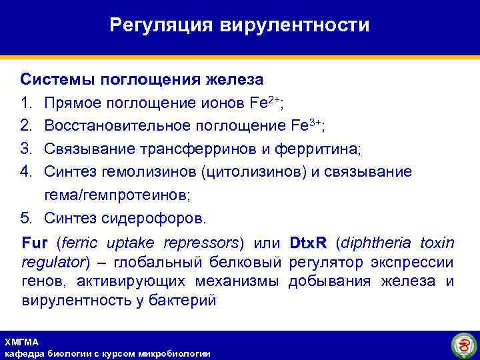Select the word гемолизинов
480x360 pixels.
coord(144,172)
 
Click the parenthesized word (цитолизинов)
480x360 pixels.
coord(252,172)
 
